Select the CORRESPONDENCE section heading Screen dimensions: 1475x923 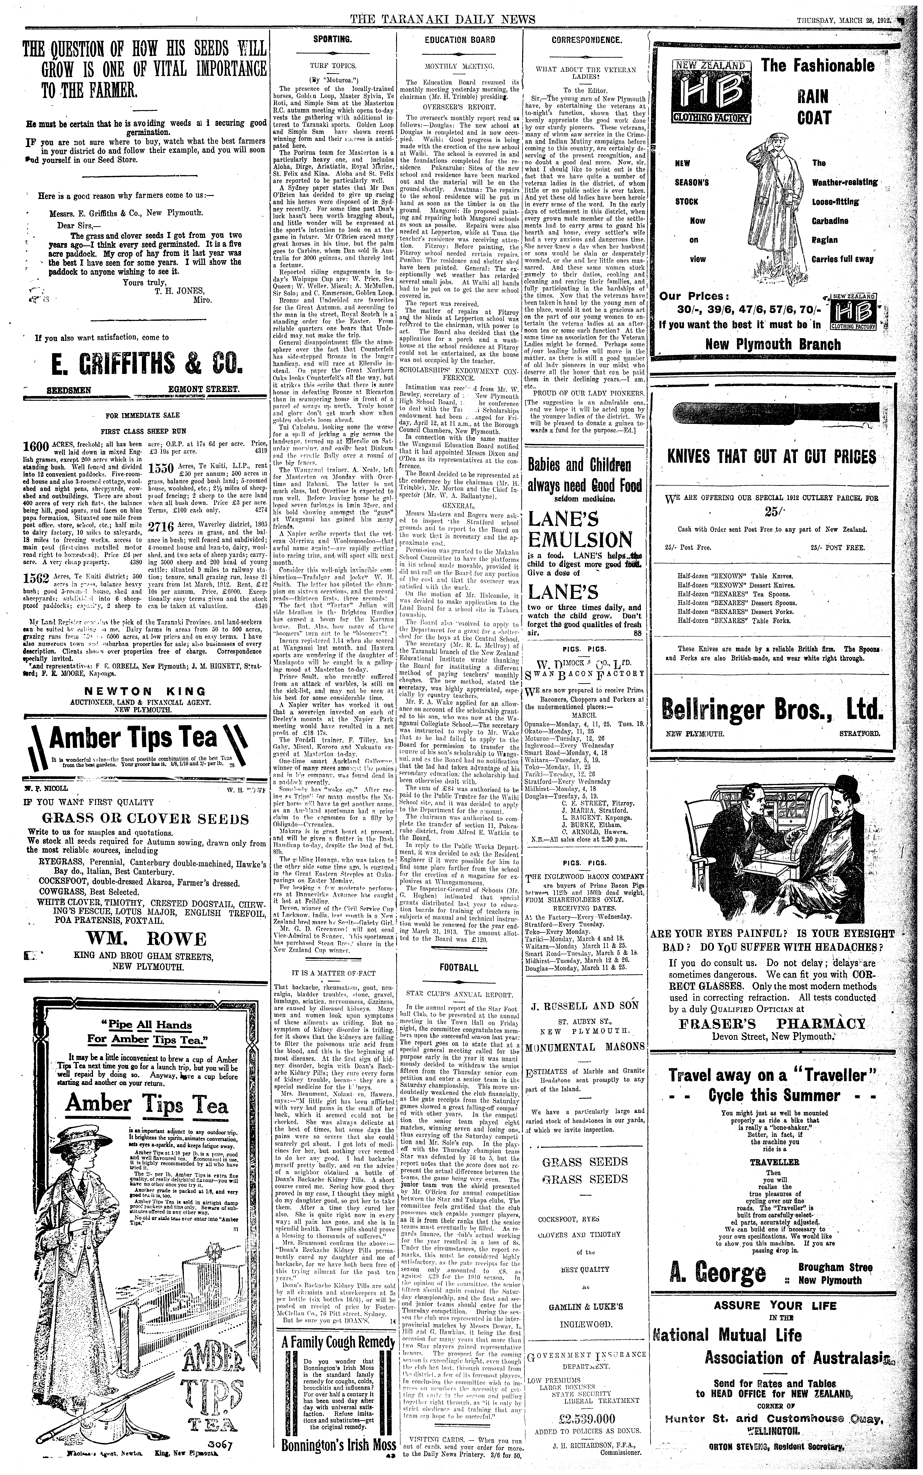[x=586, y=40]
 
